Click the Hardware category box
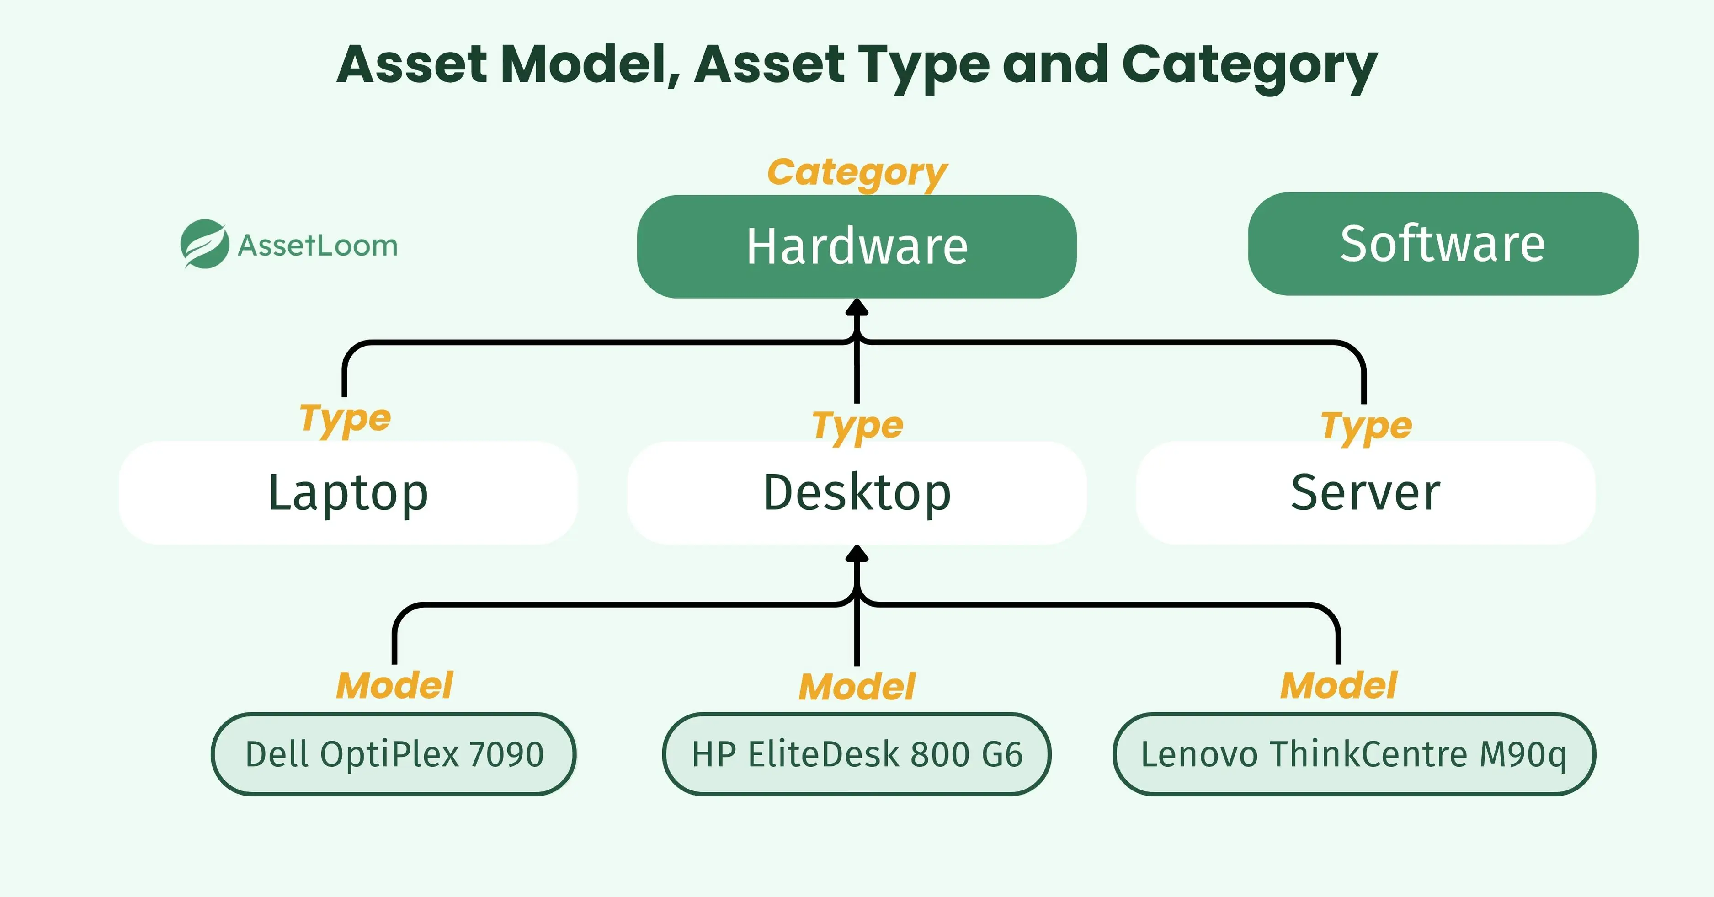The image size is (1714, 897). (x=857, y=246)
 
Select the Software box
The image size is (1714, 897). (x=1443, y=244)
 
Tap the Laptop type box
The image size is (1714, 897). (x=348, y=492)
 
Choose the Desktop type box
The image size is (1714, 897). (x=857, y=492)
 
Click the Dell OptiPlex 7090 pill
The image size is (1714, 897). (x=394, y=754)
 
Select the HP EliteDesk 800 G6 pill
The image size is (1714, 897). (x=857, y=754)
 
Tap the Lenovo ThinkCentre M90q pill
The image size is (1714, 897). (x=1354, y=754)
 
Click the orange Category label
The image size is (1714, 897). (x=857, y=172)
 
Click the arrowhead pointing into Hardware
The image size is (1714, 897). (x=857, y=307)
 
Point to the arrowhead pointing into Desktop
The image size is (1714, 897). (x=857, y=554)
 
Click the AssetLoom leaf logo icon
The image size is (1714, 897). (x=204, y=244)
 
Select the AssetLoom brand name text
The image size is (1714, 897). (x=318, y=246)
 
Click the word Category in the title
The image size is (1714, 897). (x=1250, y=65)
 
